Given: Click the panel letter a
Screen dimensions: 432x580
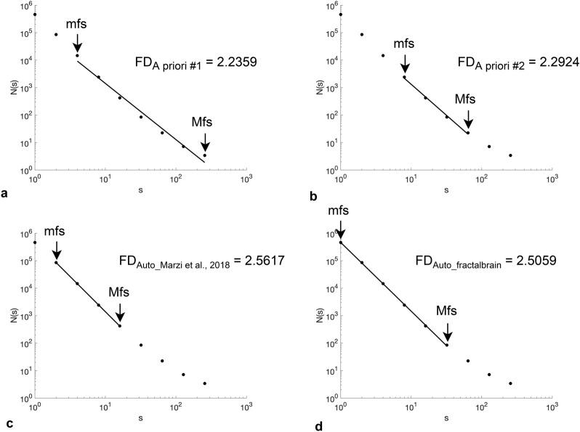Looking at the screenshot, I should click(6, 194).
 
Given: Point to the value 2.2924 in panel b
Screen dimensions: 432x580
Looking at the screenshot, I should click(534, 63).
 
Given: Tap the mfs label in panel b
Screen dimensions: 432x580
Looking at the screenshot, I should click(404, 44).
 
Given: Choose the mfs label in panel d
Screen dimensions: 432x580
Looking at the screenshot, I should click(339, 211).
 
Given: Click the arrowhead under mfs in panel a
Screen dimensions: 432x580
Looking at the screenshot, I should click(77, 49).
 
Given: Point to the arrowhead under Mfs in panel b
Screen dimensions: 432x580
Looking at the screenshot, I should click(468, 125).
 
